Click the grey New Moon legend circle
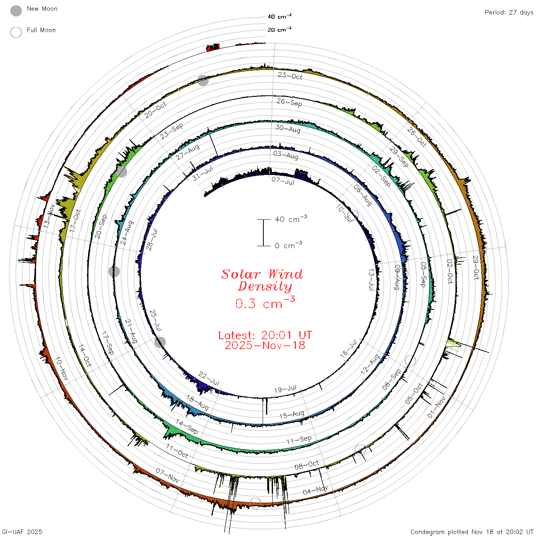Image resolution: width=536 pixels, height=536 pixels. point(16,11)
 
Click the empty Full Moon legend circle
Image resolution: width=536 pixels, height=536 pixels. point(16,32)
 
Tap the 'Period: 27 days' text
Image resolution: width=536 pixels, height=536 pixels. point(509,13)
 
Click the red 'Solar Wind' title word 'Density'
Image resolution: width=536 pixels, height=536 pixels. point(265,286)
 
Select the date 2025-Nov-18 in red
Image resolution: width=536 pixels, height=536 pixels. point(265,345)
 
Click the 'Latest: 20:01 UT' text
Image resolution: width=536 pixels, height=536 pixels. point(265,335)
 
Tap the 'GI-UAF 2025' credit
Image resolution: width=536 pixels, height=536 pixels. point(22,531)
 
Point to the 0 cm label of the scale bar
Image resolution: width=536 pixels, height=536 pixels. point(288,245)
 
